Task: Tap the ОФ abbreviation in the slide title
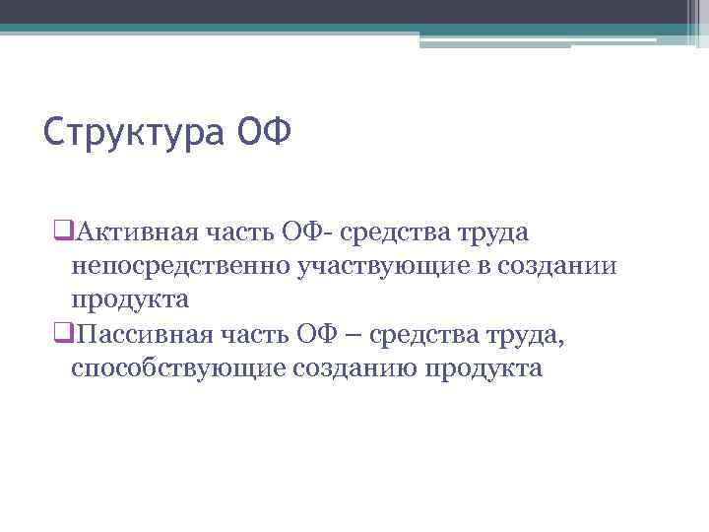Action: [264, 130]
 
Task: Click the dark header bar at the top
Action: [354, 11]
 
